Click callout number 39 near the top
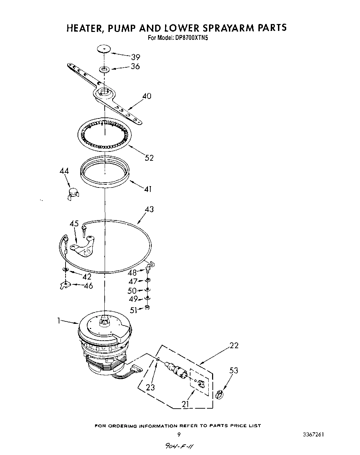135,57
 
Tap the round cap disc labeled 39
104,49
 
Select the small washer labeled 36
104,70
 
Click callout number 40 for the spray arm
147,96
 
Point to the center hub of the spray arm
103,92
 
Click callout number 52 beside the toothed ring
149,158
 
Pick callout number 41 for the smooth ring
148,189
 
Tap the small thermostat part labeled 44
73,194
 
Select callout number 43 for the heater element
149,209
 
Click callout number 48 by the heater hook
132,273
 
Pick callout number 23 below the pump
150,387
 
